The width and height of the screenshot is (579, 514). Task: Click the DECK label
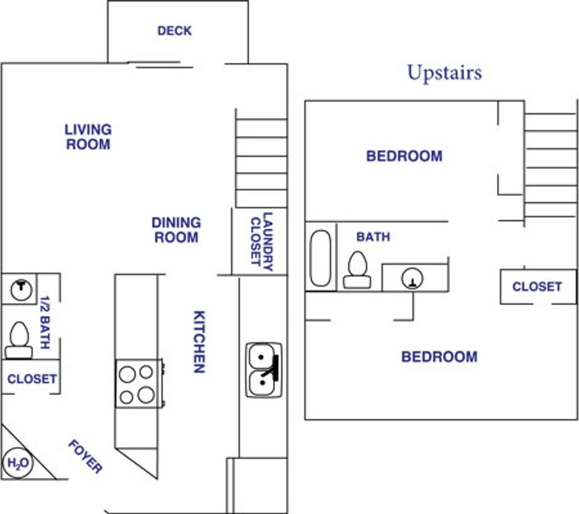pyautogui.click(x=174, y=31)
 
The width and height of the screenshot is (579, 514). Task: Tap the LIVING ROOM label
pyautogui.click(x=88, y=137)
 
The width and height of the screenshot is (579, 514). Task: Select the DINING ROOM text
pyautogui.click(x=176, y=230)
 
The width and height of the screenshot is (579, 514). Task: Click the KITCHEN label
pyautogui.click(x=199, y=342)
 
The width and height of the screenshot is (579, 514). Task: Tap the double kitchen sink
pyautogui.click(x=264, y=370)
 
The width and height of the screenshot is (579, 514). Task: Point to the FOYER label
pyautogui.click(x=85, y=457)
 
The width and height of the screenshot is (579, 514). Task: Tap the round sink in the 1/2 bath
pyautogui.click(x=21, y=289)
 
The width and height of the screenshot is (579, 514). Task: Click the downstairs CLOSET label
pyautogui.click(x=32, y=379)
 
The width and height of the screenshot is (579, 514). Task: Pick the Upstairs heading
pyautogui.click(x=444, y=73)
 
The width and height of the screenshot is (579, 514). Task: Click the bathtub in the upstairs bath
pyautogui.click(x=321, y=258)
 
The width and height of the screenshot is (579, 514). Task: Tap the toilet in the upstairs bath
pyautogui.click(x=357, y=270)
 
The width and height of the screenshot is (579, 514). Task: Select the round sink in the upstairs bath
pyautogui.click(x=412, y=278)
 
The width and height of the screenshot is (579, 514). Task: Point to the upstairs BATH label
pyautogui.click(x=373, y=237)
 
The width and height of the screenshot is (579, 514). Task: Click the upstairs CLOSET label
pyautogui.click(x=537, y=286)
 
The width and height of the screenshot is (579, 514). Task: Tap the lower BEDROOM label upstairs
pyautogui.click(x=439, y=357)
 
